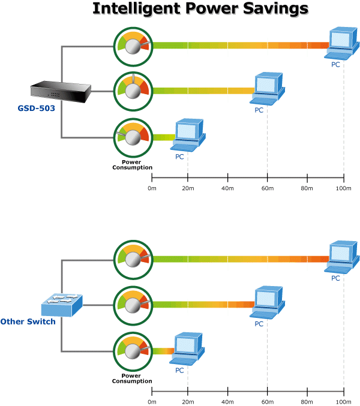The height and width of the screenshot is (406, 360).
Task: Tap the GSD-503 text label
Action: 38,109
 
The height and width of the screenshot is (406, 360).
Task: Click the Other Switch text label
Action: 28,321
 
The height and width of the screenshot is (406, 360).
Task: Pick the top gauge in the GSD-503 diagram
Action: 134,44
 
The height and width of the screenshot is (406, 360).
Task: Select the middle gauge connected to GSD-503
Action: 134,91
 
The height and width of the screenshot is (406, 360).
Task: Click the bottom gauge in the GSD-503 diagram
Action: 134,137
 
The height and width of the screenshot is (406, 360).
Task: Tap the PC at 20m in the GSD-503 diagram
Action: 188,135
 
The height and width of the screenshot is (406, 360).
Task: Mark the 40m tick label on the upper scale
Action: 228,188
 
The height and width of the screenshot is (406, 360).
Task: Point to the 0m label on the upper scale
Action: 152,188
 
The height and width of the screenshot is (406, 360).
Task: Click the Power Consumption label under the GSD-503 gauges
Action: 132,165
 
